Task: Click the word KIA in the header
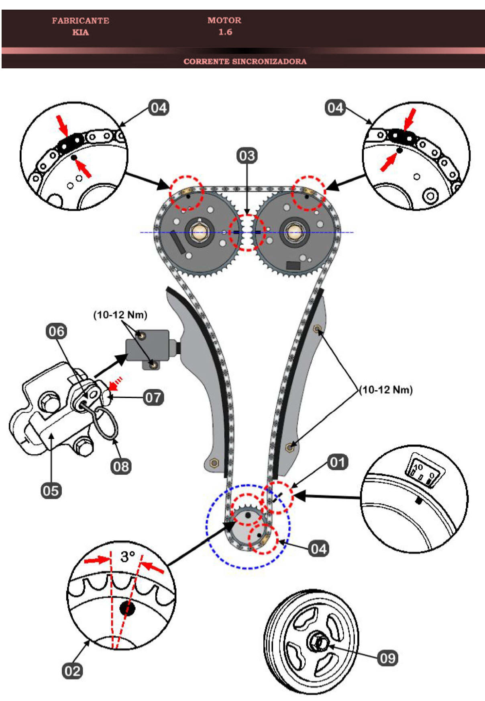80,32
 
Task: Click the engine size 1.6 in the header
225,32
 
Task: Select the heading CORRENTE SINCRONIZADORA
245,61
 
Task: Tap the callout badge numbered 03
247,156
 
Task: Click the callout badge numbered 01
337,462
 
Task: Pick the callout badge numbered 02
73,671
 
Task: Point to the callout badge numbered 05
51,491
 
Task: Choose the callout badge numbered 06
56,331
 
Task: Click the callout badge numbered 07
153,398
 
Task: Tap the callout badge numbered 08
121,466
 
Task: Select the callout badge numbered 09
387,658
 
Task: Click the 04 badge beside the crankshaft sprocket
318,549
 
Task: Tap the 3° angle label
127,557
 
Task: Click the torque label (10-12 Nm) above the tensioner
120,315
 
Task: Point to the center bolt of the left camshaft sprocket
199,232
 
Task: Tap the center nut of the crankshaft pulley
320,642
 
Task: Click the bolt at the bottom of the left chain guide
214,463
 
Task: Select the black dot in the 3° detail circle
128,608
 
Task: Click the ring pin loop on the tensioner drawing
107,422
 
